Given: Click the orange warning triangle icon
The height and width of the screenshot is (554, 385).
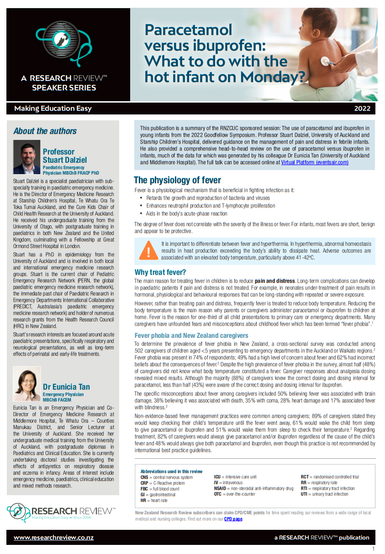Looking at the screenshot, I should [148, 251].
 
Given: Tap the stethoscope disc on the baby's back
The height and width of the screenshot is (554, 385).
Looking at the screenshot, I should [325, 61].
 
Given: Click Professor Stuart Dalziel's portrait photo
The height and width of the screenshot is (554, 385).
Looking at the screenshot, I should [27, 157].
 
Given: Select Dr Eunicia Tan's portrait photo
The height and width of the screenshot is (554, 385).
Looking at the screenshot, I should [27, 384].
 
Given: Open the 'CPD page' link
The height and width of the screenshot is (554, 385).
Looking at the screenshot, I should [233, 519].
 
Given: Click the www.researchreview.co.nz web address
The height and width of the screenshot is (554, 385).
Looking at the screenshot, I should [53, 538].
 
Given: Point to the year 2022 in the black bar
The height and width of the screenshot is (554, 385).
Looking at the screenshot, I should [362, 109].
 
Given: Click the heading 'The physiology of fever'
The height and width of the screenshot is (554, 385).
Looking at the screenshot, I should [177, 180].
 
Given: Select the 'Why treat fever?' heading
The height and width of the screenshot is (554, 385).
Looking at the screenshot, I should [160, 273].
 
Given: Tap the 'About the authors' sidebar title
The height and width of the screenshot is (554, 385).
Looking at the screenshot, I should [45, 131].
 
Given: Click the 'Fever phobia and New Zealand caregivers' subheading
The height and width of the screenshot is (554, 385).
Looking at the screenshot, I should [191, 336].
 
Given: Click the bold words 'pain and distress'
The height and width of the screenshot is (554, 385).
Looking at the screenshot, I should [274, 281].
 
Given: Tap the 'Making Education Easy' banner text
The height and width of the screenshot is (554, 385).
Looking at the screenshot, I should [53, 109].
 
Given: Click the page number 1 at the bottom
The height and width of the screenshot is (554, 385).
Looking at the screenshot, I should [373, 549].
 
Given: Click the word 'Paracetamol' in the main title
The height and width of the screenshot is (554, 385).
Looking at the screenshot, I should [188, 30].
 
